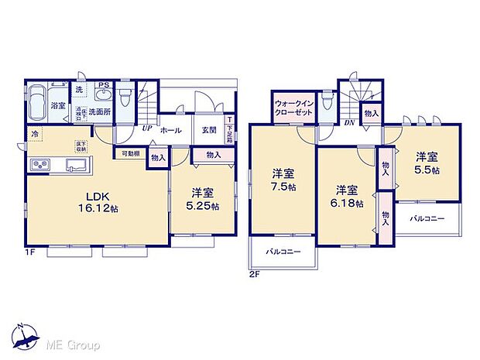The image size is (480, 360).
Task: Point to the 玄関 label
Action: tap(208, 131)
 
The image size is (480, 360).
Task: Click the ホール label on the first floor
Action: tap(170, 131)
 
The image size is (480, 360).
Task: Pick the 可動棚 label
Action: tap(129, 153)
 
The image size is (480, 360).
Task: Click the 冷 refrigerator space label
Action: tap(36, 134)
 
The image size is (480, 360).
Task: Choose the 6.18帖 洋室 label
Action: tap(347, 194)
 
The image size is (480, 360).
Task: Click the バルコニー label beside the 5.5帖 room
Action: tap(427, 218)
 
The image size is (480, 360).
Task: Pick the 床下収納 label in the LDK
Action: tap(81, 146)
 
